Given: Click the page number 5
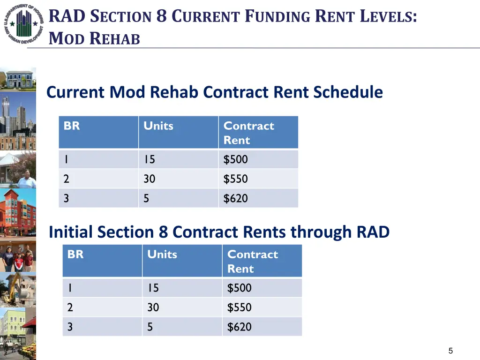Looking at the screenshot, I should (450, 351).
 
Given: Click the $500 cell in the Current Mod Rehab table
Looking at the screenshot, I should (235, 159).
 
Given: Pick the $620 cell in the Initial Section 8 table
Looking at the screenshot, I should (239, 327).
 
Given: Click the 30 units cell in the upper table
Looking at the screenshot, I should (150, 179).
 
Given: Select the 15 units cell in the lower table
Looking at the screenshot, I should (153, 288).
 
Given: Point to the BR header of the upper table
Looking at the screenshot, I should (72, 126).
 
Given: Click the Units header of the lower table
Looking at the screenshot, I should (162, 255).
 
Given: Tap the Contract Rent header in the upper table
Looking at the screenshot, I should (248, 133).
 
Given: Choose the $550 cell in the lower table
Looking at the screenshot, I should (239, 307).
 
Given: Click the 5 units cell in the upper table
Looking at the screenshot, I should (146, 198).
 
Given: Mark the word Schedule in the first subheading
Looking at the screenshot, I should (348, 92).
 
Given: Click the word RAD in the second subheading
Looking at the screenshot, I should (373, 232).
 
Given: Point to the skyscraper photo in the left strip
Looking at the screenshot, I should (18, 115).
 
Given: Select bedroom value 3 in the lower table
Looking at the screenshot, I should (70, 327).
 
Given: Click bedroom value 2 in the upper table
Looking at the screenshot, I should (66, 179).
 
